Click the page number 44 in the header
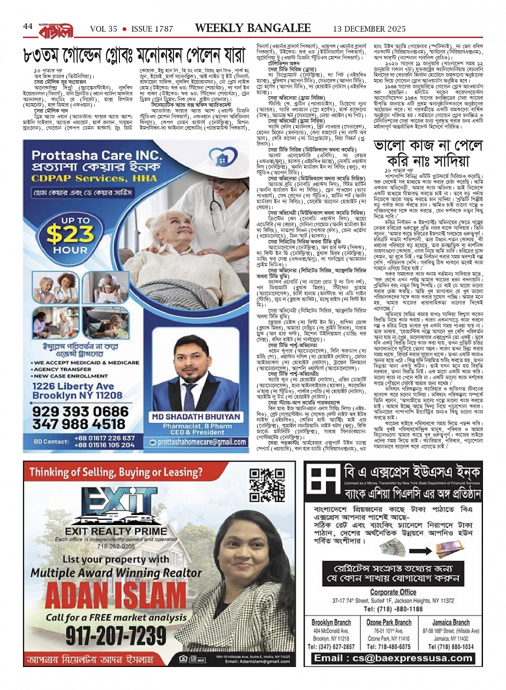[28, 26]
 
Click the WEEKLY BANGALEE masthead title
[253, 28]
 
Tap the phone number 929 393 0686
[80, 411]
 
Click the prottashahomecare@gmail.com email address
[202, 442]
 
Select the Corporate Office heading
[393, 592]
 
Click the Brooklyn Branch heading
[331, 623]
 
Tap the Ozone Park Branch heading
[388, 623]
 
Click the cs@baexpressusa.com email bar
[393, 658]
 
